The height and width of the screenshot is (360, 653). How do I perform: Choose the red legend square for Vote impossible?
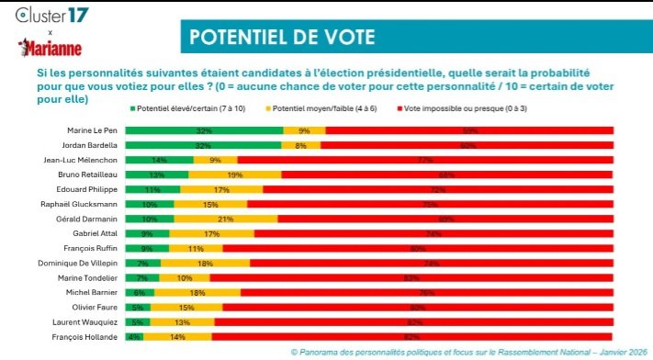tap(396, 107)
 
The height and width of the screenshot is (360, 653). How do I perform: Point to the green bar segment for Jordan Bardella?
tap(204, 145)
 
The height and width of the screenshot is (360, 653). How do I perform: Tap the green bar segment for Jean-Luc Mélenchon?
tap(160, 160)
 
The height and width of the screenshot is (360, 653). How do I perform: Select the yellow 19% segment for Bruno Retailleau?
tap(234, 174)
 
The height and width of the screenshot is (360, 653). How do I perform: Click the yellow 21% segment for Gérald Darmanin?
tap(226, 219)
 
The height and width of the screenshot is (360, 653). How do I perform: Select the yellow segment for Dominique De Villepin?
tap(204, 263)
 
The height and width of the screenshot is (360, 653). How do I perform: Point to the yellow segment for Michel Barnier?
tap(197, 292)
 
